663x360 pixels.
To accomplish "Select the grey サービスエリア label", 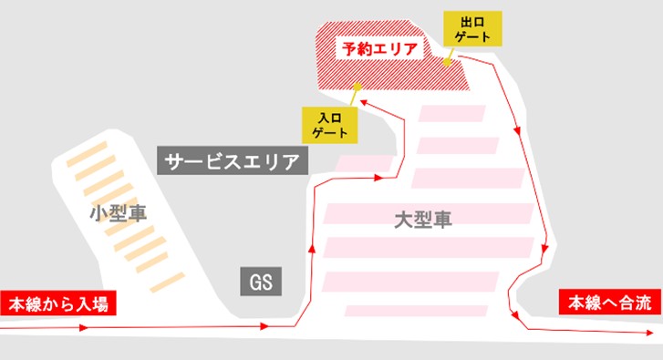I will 233,162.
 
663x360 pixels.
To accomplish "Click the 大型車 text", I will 423,220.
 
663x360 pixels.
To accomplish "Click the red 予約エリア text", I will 377,48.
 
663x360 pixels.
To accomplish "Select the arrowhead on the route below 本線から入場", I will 82,327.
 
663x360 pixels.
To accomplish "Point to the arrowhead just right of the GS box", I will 265,325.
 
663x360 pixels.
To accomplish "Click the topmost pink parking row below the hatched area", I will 452,114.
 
